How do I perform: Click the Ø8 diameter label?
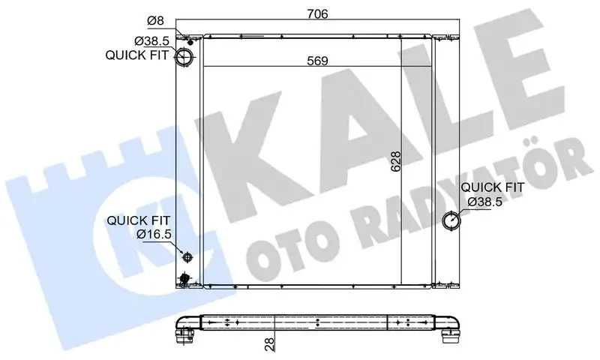(x=154, y=20)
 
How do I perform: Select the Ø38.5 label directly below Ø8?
(x=150, y=40)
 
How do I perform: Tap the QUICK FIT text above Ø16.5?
(x=138, y=220)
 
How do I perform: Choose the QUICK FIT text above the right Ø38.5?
(x=493, y=187)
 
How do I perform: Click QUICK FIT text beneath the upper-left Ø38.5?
(x=137, y=54)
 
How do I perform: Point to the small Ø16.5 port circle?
(x=187, y=257)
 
